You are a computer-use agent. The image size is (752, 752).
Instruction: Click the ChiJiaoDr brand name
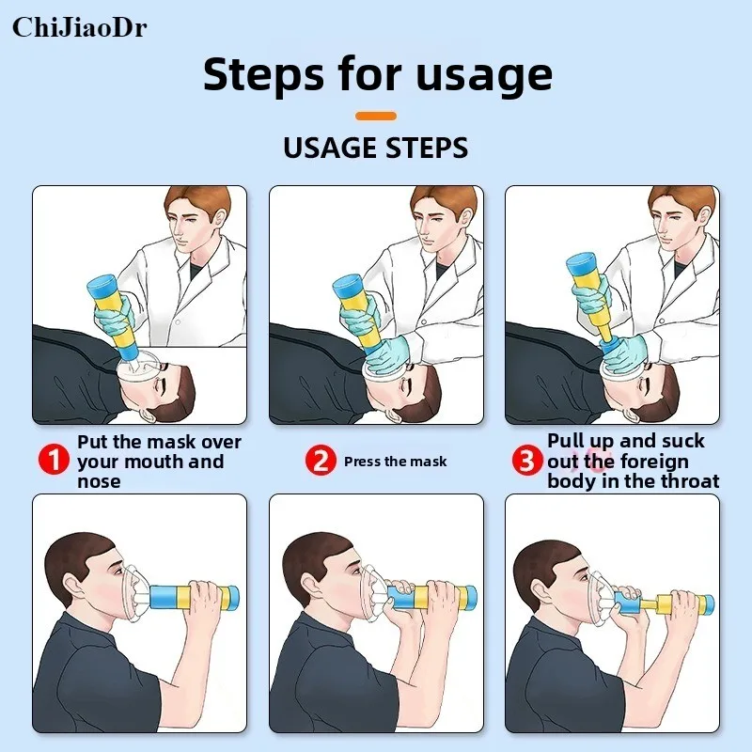[80, 27]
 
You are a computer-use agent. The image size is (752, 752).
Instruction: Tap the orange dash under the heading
[376, 116]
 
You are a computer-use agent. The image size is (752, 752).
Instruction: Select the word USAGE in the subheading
[331, 148]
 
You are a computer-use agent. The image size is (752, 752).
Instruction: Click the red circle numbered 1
[55, 459]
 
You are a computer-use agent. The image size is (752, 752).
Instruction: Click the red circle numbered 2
[321, 460]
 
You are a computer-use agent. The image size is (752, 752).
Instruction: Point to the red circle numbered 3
[526, 460]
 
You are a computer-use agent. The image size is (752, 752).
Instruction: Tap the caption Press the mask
[395, 462]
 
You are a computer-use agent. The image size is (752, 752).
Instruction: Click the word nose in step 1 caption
[99, 482]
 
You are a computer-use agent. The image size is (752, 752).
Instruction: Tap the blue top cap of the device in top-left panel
[102, 286]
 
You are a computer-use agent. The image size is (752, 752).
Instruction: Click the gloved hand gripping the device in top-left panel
[113, 314]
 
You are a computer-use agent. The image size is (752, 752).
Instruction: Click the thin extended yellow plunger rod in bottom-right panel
[650, 605]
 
